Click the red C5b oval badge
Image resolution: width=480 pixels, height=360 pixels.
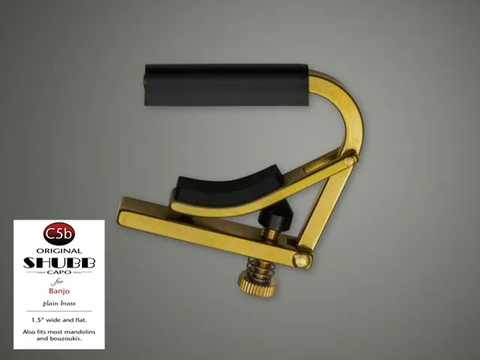pyautogui.click(x=59, y=234)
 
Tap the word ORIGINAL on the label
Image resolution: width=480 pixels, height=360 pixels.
pyautogui.click(x=59, y=251)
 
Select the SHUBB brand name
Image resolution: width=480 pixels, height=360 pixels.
pyautogui.click(x=59, y=262)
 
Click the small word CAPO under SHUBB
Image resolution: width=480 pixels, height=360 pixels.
pyautogui.click(x=59, y=271)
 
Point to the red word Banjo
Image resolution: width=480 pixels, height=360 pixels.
pyautogui.click(x=59, y=291)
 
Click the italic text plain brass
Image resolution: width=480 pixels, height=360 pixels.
pyautogui.click(x=59, y=304)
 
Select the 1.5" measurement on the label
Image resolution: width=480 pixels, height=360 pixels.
pyautogui.click(x=37, y=320)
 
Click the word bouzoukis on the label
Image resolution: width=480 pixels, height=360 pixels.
pyautogui.click(x=67, y=338)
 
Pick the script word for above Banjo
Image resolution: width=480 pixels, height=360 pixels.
pyautogui.click(x=57, y=281)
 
